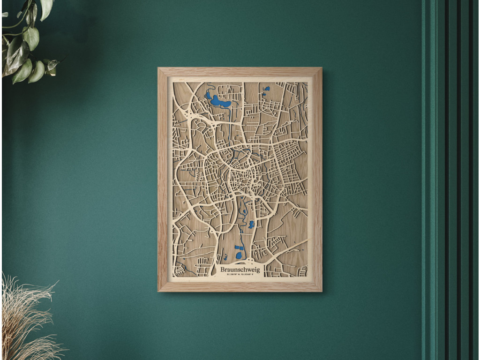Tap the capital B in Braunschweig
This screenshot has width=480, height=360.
pos(223,270)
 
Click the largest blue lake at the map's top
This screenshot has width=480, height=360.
pos(219,101)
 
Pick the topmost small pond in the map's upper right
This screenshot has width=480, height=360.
pos(267,88)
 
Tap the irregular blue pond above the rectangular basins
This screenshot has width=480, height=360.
pos(251,224)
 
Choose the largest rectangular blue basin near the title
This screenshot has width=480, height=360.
pos(240,247)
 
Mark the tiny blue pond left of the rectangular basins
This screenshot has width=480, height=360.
pos(225,257)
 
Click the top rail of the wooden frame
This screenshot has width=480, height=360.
pos(240,72)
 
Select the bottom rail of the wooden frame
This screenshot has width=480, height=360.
pos(240,286)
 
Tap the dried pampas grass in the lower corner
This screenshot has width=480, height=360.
pos(23,319)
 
